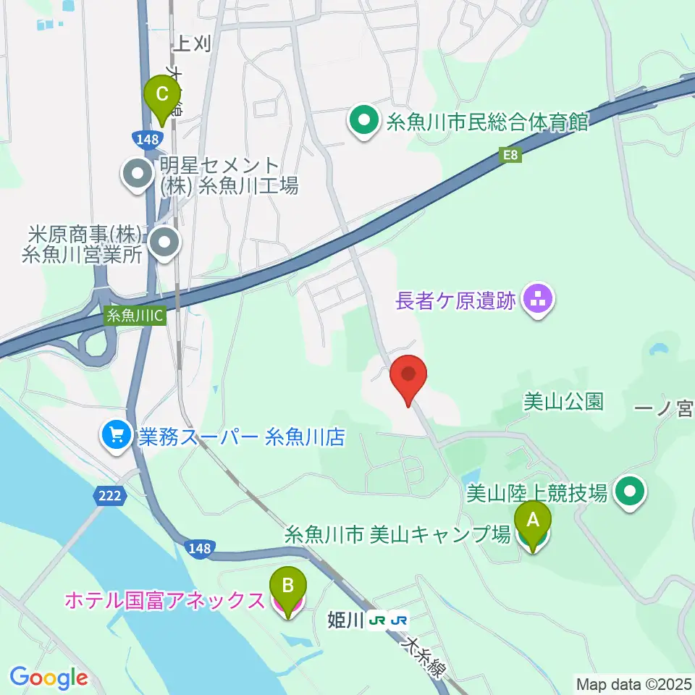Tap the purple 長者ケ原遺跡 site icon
click(537, 298)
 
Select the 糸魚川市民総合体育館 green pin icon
click(363, 120)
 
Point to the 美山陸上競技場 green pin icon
click(630, 493)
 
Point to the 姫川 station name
click(345, 620)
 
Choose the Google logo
click(49, 678)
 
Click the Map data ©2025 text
click(634, 683)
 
